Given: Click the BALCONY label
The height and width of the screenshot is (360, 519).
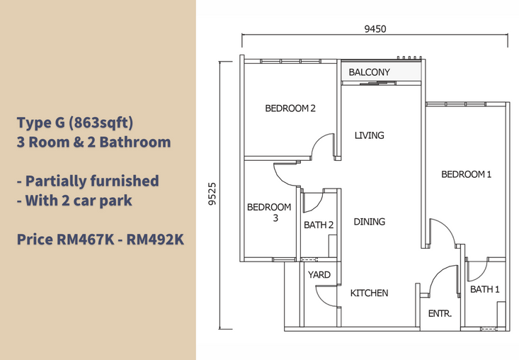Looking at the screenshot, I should coord(369,72).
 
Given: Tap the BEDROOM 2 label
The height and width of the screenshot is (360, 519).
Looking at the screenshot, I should coord(290,108).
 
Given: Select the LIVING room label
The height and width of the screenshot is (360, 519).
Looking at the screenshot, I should coord(369,135).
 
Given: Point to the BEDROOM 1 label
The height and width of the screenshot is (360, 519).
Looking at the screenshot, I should coord(466,174).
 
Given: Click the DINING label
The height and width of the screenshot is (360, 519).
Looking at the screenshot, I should coord(370,222).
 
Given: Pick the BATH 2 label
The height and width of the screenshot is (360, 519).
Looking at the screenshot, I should coord(318,225).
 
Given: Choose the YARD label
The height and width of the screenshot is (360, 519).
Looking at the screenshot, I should coord(319,275).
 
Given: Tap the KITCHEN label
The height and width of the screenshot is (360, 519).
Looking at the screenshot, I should coord(370,293).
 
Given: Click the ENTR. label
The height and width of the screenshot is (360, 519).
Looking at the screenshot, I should coord(440,313).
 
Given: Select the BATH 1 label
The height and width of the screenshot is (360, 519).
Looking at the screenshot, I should coord(485,289).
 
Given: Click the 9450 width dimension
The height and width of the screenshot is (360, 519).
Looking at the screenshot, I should coord(375,29).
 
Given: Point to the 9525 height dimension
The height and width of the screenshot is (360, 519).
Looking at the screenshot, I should coord(212,194).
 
